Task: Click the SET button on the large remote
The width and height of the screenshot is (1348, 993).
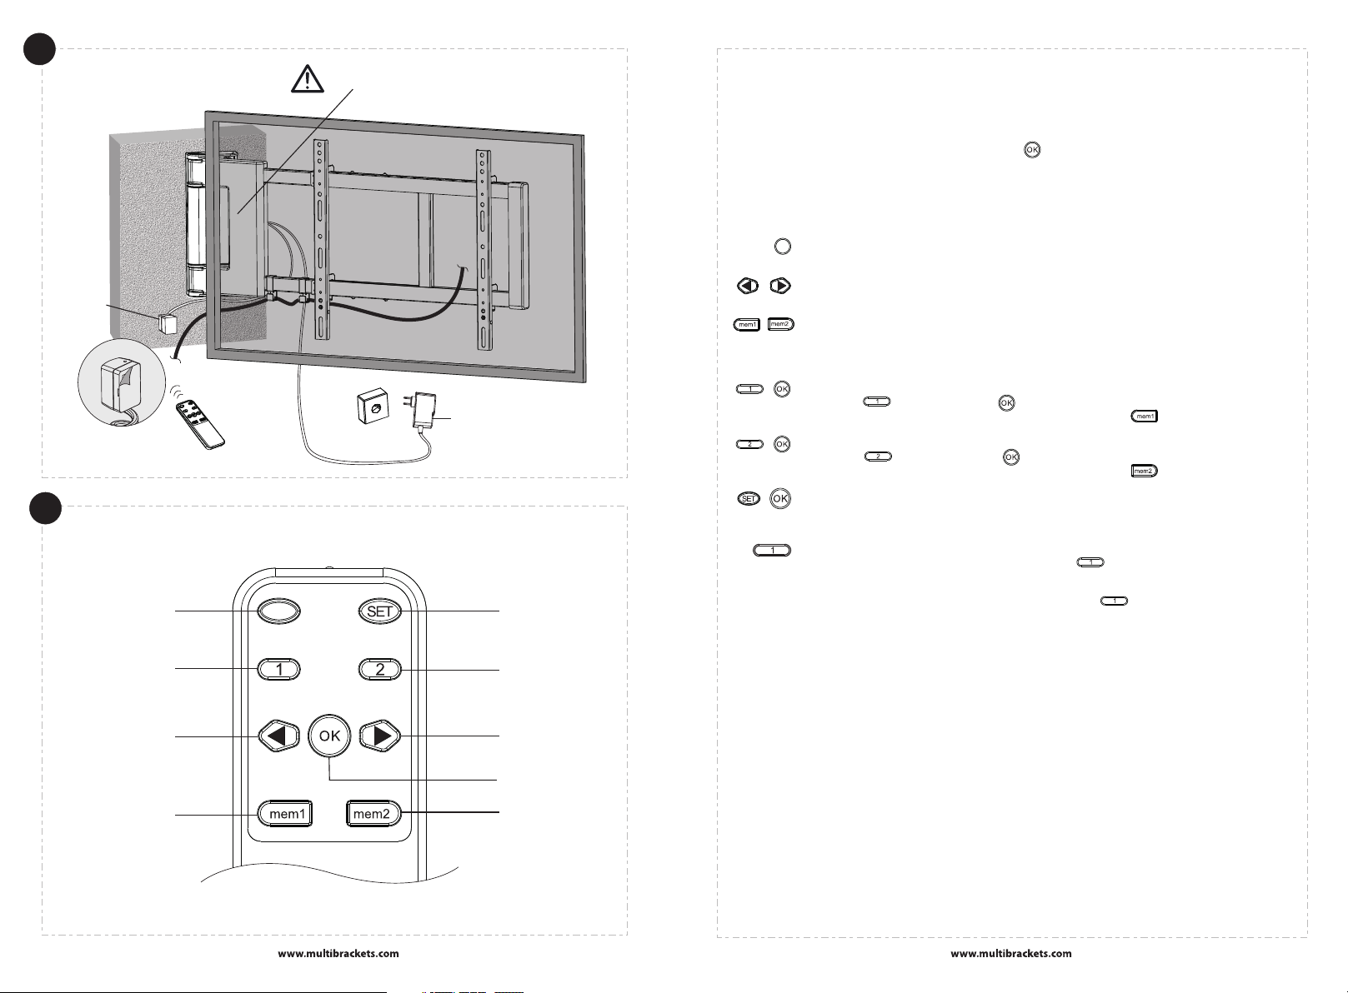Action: pyautogui.click(x=379, y=611)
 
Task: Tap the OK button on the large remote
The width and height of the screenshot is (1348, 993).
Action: pyautogui.click(x=330, y=736)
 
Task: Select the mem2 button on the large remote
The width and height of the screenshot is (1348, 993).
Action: pyautogui.click(x=372, y=814)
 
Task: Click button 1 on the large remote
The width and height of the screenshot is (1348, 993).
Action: pyautogui.click(x=279, y=669)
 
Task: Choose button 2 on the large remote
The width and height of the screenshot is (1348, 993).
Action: pyautogui.click(x=380, y=669)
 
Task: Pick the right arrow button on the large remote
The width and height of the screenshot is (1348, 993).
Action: pyautogui.click(x=381, y=736)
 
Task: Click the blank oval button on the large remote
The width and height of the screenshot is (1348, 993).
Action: pyautogui.click(x=278, y=611)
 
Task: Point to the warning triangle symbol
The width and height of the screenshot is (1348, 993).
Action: pyautogui.click(x=308, y=78)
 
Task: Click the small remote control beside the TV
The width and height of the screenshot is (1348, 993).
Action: pyautogui.click(x=201, y=422)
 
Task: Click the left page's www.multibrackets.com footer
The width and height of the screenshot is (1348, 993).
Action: pyautogui.click(x=338, y=954)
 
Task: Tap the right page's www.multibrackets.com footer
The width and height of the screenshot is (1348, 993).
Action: pyautogui.click(x=1011, y=954)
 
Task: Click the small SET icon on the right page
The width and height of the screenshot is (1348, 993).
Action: pyautogui.click(x=749, y=499)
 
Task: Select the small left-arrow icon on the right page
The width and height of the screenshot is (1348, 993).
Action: pyautogui.click(x=748, y=286)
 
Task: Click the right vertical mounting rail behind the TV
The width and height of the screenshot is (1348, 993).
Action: pyautogui.click(x=483, y=250)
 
